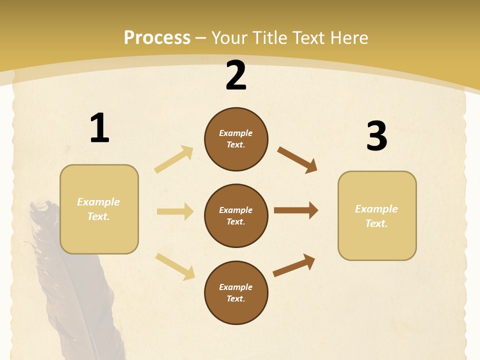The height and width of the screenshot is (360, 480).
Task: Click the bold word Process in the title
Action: [x=157, y=37]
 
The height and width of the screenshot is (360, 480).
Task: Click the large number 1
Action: [x=99, y=128]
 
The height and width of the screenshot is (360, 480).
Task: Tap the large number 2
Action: [x=236, y=76]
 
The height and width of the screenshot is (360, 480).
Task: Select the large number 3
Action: [x=376, y=136]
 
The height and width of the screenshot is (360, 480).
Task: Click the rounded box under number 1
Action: [x=99, y=209]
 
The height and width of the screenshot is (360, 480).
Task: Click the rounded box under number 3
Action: [x=377, y=216]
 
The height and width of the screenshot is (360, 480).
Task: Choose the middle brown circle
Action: [x=236, y=216]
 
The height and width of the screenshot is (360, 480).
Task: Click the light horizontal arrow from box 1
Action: [x=175, y=211]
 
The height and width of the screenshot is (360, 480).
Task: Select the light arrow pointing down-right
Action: [x=175, y=266]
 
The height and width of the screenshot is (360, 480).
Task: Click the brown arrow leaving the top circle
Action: [x=297, y=159]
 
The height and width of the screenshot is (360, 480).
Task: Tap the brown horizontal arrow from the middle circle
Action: [x=296, y=210]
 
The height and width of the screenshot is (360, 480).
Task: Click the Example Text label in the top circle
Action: [x=236, y=139]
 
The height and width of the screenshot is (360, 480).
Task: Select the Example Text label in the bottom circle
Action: [x=236, y=293]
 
